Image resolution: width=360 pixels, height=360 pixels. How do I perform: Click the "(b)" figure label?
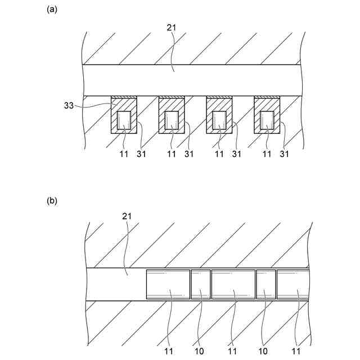click(x=52, y=200)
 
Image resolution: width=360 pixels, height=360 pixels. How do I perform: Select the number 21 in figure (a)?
click(x=172, y=26)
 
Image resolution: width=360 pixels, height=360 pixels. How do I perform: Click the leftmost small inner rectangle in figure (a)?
click(x=124, y=120)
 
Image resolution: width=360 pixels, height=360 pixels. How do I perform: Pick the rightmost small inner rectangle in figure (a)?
click(x=267, y=120)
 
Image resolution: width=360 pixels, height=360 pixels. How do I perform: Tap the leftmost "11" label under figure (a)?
click(x=124, y=154)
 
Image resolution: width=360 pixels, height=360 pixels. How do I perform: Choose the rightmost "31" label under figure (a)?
click(x=285, y=154)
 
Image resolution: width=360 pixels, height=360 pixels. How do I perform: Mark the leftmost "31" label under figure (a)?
click(x=141, y=154)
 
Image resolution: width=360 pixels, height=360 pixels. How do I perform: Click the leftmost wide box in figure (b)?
click(x=168, y=284)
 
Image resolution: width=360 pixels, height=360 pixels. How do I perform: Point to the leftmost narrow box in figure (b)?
click(x=200, y=284)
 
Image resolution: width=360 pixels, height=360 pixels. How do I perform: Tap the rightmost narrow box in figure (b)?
click(x=265, y=284)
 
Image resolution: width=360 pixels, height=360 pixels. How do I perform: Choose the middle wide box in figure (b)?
click(x=233, y=284)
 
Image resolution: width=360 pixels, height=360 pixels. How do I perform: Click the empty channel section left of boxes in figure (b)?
click(x=115, y=284)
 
